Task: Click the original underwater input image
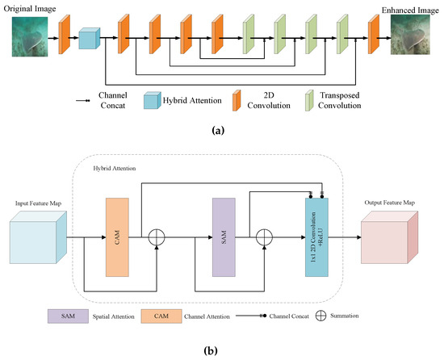[30, 37]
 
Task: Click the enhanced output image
[410, 35]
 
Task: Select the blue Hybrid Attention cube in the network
[90, 38]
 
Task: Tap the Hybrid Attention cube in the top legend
[153, 100]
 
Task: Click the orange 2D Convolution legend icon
[237, 100]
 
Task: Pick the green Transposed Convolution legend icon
[309, 100]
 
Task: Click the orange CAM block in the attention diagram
[117, 237]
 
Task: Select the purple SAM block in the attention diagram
[224, 237]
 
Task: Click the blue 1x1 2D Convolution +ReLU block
[316, 237]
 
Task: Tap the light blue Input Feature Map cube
[38, 237]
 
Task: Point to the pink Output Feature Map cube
[389, 237]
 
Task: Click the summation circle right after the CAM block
[157, 237]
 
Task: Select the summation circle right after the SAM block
[264, 237]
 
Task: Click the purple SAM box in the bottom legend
[68, 316]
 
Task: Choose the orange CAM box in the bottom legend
[161, 316]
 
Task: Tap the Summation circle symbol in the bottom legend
[320, 316]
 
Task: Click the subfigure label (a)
[218, 131]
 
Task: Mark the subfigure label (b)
[211, 351]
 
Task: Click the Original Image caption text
[30, 9]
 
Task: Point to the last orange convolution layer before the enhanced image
[374, 34]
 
